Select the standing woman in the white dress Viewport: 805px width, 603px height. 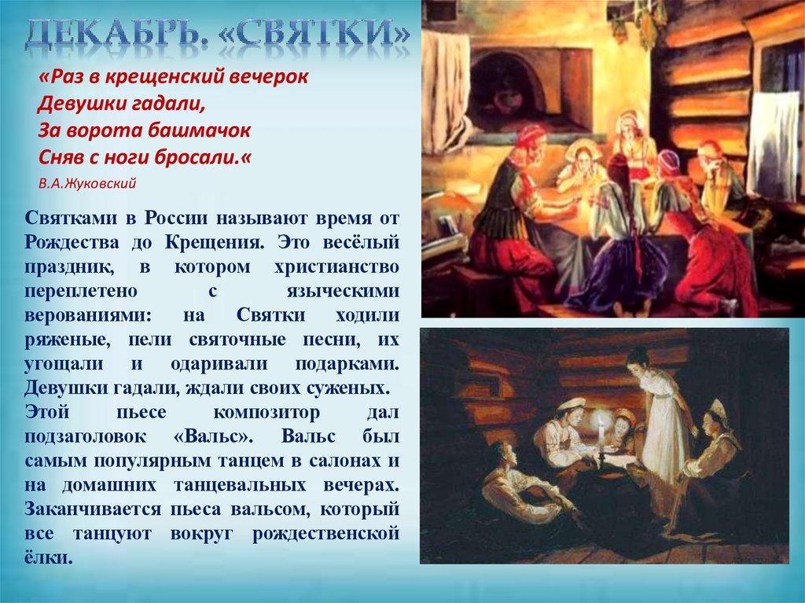click(659, 425)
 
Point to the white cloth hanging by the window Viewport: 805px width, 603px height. click(772, 145)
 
